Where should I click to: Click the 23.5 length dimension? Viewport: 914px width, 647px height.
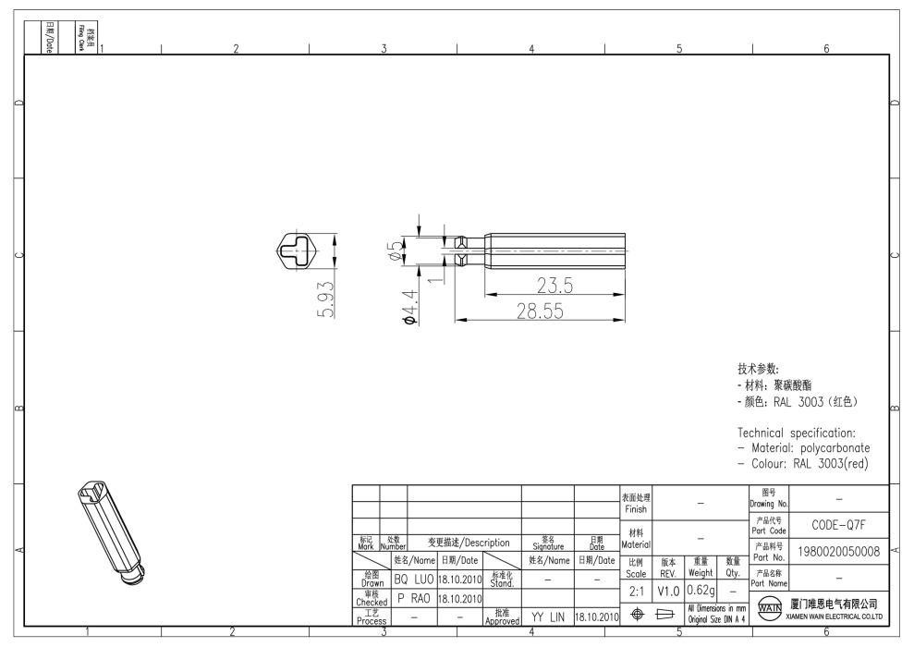pyautogui.click(x=554, y=286)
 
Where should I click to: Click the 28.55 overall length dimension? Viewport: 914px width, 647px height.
pyautogui.click(x=540, y=311)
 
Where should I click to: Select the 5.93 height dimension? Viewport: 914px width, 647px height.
pyautogui.click(x=325, y=298)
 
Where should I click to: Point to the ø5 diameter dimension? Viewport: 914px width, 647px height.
pyautogui.click(x=395, y=250)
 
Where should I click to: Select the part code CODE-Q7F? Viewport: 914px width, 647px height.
pyautogui.click(x=837, y=525)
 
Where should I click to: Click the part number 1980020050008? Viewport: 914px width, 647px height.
pyautogui.click(x=839, y=553)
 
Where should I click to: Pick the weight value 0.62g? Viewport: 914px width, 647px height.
pyautogui.click(x=701, y=589)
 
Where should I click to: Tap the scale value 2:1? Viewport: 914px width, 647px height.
pyautogui.click(x=636, y=590)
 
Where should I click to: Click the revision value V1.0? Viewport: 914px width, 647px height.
pyautogui.click(x=668, y=590)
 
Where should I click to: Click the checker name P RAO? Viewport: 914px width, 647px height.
pyautogui.click(x=413, y=598)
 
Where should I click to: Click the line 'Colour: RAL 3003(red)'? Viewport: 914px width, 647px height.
pyautogui.click(x=803, y=463)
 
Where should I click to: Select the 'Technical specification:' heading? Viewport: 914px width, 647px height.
pyautogui.click(x=796, y=433)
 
